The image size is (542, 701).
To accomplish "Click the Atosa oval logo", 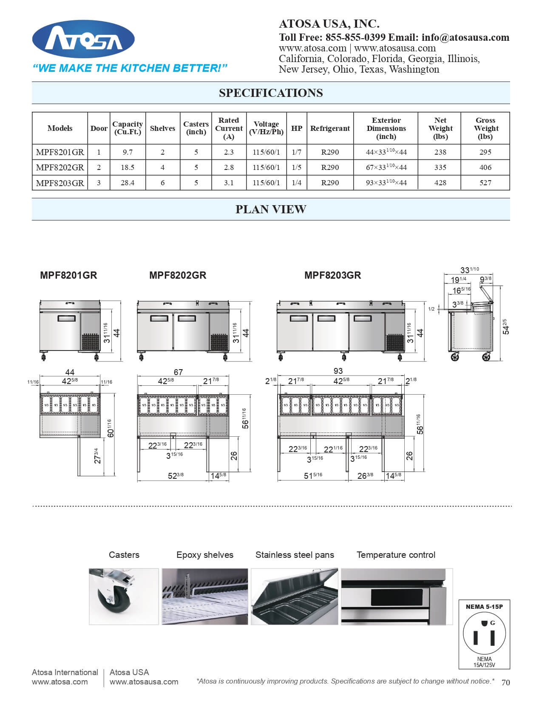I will coord(83,40).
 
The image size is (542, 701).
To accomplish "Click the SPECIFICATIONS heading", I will coord(271,93).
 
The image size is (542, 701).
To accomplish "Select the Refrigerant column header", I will coord(330,128).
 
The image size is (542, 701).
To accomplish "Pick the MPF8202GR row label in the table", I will coord(60,167).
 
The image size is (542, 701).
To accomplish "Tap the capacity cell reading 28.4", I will coord(128,183).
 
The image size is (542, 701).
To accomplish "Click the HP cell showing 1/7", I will coord(297,152).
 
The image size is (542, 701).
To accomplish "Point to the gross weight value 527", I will coord(485,183).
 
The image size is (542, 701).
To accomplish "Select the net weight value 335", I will coord(440,167).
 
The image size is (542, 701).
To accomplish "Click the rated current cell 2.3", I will coord(229,152).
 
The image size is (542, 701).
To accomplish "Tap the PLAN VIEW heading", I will coord(271,209).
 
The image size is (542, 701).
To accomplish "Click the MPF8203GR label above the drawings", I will coord(332,275).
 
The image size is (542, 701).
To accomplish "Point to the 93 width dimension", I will coord(338,371).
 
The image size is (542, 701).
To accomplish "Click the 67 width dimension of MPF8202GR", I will coord(178,372).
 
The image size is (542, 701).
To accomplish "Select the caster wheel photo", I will coord(124,596).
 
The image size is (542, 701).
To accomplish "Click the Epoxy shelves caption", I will coord(205,555).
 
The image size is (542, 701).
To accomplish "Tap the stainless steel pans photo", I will coord(295,596).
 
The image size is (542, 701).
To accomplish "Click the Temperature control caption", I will coord(396,555).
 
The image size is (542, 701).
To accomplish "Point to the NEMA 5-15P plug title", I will coord(484,607).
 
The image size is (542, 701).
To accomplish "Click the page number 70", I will coord(505,683).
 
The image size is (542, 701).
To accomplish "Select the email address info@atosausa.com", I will coord(465,37).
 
